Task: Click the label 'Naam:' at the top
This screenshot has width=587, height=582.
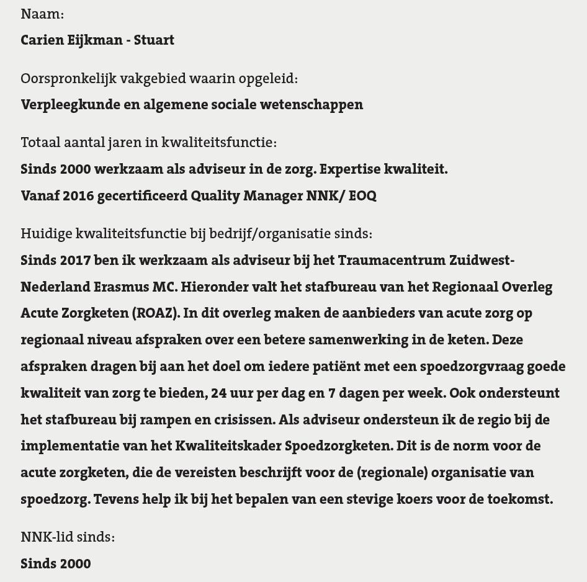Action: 42,14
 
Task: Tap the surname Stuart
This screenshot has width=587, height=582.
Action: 154,40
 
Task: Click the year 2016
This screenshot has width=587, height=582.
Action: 78,195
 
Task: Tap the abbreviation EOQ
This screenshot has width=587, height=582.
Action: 362,195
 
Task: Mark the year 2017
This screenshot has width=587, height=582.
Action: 75,260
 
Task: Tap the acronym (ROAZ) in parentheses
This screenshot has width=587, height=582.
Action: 156,313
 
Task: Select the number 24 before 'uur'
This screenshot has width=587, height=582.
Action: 219,393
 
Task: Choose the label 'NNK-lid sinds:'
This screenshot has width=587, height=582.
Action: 68,537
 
